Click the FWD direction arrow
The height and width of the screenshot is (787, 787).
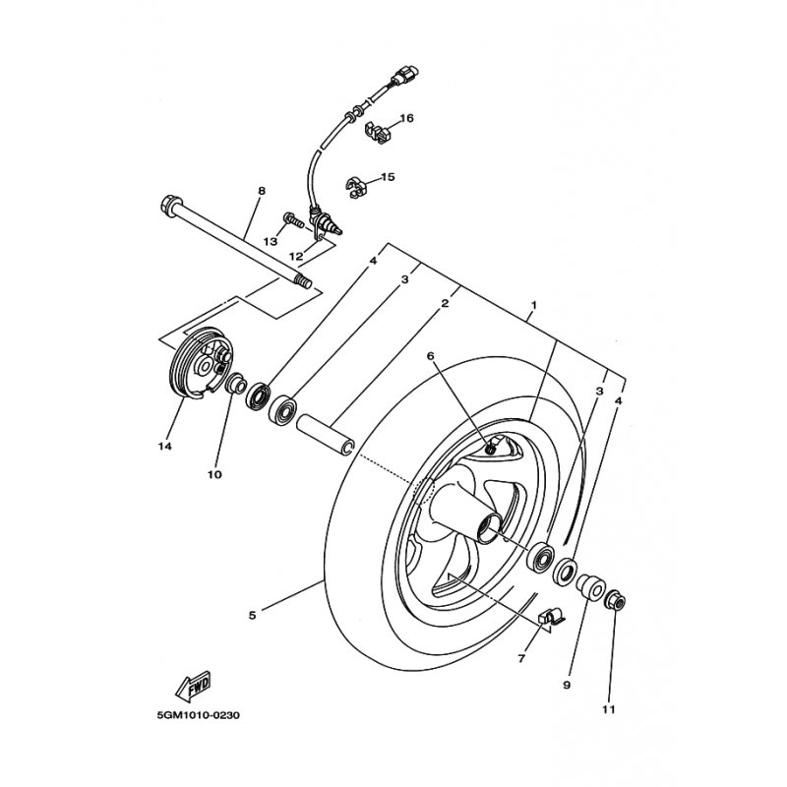[x=198, y=682]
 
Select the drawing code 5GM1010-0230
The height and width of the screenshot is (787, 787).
[x=197, y=715]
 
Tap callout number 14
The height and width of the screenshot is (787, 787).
[x=164, y=446]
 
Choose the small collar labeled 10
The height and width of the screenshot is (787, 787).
[x=237, y=384]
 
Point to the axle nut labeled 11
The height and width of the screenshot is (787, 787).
[x=616, y=599]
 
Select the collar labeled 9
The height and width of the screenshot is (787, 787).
[x=590, y=587]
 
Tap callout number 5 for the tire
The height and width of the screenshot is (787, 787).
[x=253, y=615]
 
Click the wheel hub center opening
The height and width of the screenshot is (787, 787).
[x=488, y=530]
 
